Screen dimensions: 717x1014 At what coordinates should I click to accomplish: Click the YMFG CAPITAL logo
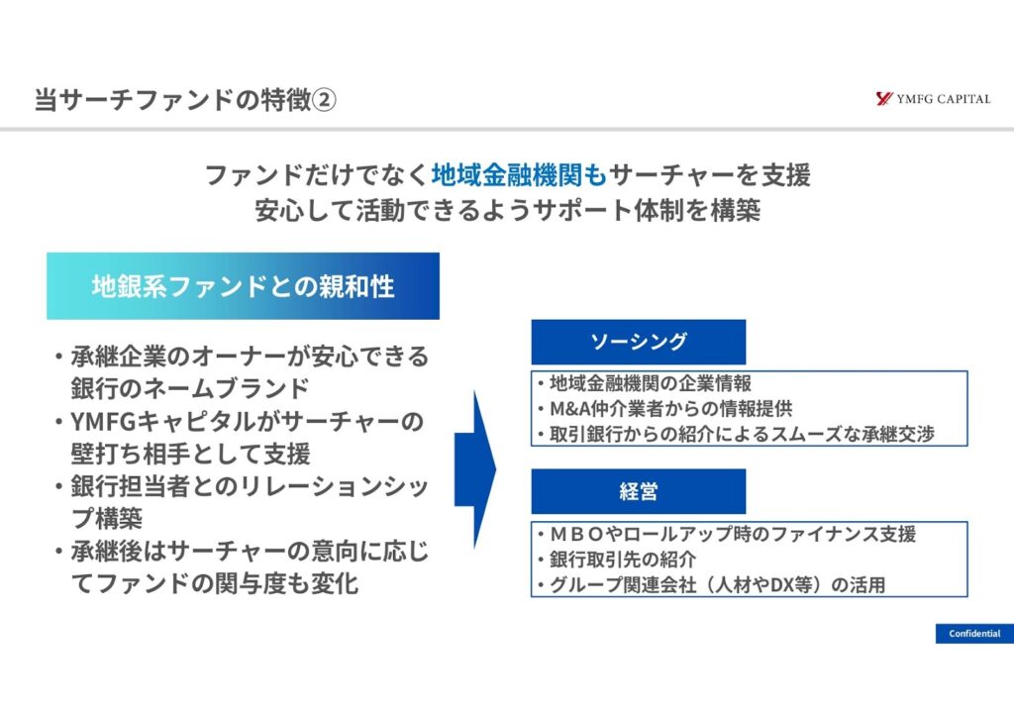click(932, 99)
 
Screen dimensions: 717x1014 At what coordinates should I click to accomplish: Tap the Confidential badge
click(973, 634)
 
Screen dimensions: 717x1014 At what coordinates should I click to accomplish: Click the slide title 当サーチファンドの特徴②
click(184, 101)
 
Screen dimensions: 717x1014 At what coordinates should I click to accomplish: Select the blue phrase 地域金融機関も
click(519, 176)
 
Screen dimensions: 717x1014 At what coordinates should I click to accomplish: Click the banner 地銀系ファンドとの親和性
click(243, 287)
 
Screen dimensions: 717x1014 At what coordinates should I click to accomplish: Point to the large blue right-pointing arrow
click(475, 469)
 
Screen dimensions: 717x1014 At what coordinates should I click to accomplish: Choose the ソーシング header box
click(638, 342)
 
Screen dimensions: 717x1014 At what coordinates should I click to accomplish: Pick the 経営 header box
click(638, 491)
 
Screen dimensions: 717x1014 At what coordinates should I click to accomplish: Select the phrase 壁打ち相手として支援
click(189, 455)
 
